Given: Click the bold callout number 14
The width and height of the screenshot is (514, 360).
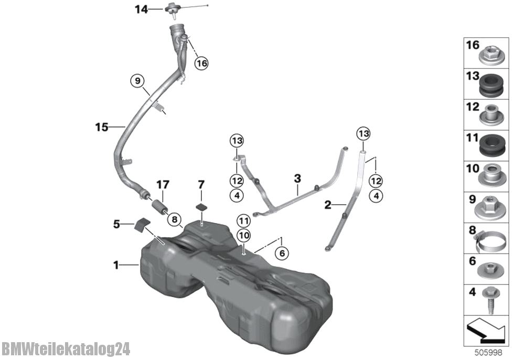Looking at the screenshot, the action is coord(141,9).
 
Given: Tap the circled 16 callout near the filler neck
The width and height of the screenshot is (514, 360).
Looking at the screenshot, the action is coord(201,62).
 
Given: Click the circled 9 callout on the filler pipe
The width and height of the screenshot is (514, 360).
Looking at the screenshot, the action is coord(137,81).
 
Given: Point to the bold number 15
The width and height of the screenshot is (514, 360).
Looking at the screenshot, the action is coord(102,127).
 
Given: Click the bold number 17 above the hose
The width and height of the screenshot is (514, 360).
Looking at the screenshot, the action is coord(163,185).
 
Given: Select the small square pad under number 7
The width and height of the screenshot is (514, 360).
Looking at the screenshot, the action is coord(201,207).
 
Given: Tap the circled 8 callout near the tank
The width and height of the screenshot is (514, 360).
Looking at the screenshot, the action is coord(174,220).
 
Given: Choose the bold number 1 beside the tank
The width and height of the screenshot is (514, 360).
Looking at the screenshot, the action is coord(116,264).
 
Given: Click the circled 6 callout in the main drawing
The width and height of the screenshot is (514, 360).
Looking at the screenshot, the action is coord(282,253).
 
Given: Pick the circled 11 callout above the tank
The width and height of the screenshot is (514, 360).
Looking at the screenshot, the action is coord(244,221).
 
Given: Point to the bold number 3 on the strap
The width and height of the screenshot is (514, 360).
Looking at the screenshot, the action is coord(297,179).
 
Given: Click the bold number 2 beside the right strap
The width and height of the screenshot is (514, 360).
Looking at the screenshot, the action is coord(327,205).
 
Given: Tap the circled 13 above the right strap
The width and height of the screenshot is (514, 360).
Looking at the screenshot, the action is coord(363,133).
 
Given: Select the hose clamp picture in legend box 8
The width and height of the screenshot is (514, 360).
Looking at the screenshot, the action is coord(490,241).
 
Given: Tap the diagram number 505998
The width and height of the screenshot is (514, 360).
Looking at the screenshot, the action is coord(488,353).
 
